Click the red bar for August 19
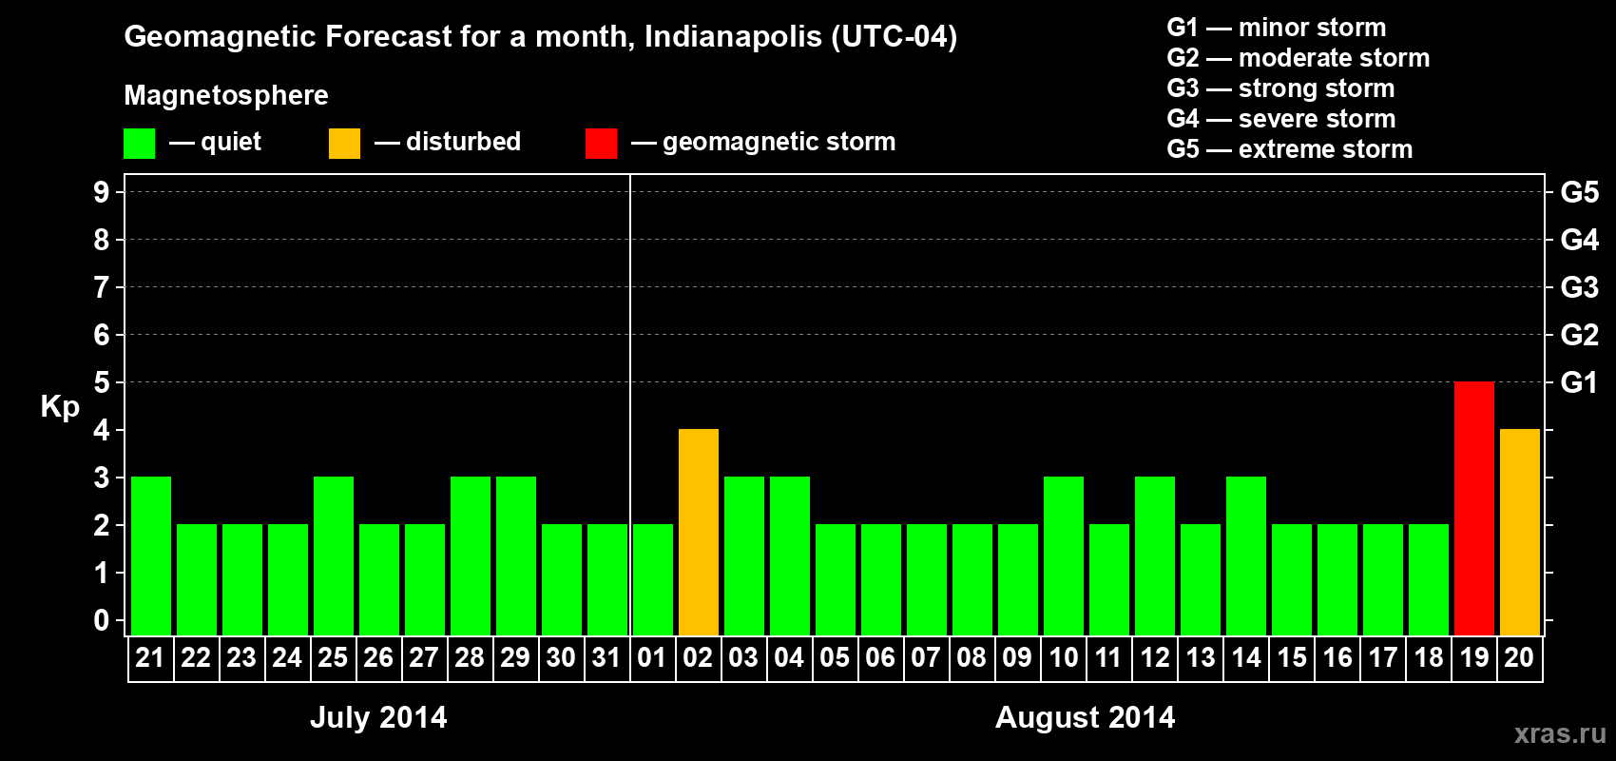[x=1473, y=509]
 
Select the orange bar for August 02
[x=698, y=533]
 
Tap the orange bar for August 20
[x=1519, y=533]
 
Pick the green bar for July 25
[x=333, y=556]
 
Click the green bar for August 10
[x=1063, y=556]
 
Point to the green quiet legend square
[x=139, y=144]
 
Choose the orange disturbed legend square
[x=344, y=144]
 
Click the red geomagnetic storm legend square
[x=601, y=144]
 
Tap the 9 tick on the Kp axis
[x=102, y=192]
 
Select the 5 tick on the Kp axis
[x=102, y=382]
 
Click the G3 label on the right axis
[x=1579, y=287]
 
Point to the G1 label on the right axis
[x=1579, y=382]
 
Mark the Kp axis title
[x=60, y=407]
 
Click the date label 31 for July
[x=606, y=657]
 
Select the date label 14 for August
[x=1245, y=657]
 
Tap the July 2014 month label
[x=378, y=717]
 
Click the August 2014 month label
[x=1085, y=717]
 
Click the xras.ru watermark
[x=1560, y=733]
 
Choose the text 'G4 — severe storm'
[x=1281, y=119]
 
